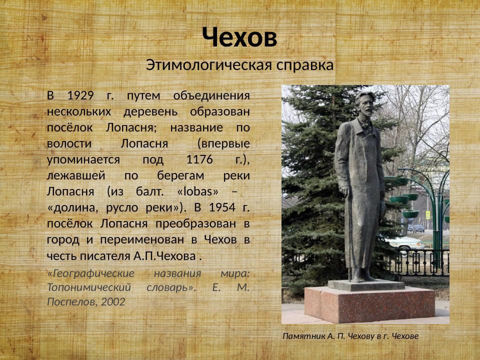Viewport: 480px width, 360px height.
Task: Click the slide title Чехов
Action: pyautogui.click(x=239, y=37)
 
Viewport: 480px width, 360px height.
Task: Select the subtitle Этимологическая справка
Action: pyautogui.click(x=239, y=65)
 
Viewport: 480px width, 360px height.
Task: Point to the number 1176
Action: pyautogui.click(x=199, y=159)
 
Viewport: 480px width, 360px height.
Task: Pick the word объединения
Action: pyautogui.click(x=211, y=95)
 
